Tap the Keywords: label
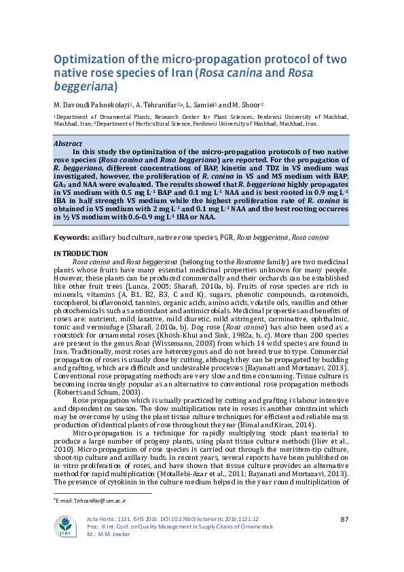tap(71, 238)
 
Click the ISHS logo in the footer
tap(65, 525)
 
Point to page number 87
tap(344, 520)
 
